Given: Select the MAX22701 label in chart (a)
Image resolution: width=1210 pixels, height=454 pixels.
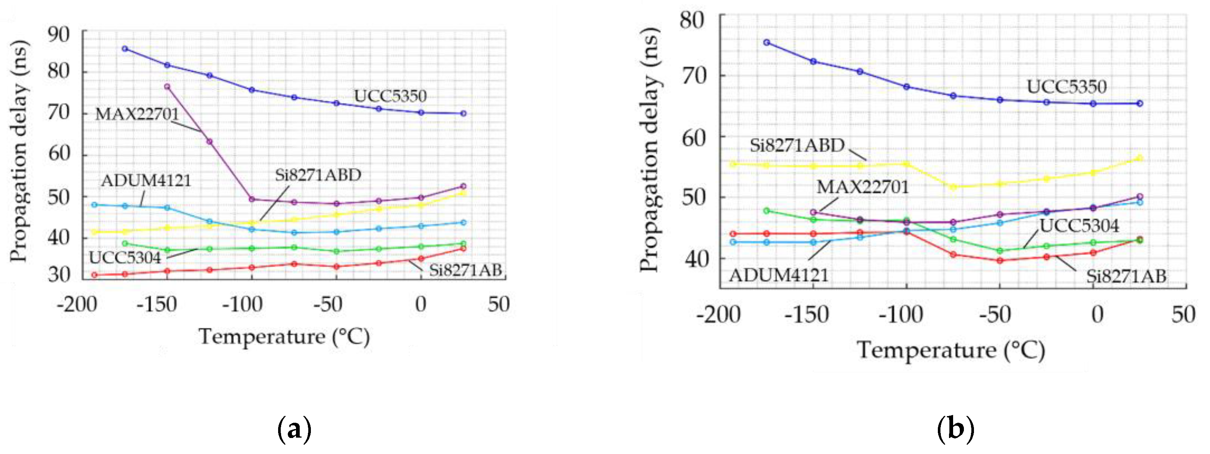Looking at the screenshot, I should point(137,114).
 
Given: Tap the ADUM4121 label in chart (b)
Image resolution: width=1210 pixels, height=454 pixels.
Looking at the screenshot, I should point(778,275).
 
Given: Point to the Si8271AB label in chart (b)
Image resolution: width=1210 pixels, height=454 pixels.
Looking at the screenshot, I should point(1126,276).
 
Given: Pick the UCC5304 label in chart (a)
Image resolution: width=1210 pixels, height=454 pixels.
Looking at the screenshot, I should point(125,257).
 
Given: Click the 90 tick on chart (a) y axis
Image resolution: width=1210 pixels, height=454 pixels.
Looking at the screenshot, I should point(59,35).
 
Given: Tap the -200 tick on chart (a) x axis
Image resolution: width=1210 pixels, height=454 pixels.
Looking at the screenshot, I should point(77,304).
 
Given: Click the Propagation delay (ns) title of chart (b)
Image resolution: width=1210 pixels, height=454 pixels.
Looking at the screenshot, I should point(650,149).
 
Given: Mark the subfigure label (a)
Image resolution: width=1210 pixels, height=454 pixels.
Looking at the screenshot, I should point(294,428).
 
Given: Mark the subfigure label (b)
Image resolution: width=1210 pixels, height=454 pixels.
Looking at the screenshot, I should point(955,428).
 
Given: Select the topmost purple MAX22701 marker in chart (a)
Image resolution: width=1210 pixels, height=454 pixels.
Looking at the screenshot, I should point(167,86).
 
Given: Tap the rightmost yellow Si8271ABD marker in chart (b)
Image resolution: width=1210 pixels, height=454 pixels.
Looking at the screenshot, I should point(1139,158).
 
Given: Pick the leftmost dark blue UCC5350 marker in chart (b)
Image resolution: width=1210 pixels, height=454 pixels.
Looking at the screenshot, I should point(767,42).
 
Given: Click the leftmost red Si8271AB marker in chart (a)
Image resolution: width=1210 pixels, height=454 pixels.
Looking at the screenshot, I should point(95,275).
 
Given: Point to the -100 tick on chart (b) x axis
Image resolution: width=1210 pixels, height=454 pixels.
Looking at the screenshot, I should point(901,314).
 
